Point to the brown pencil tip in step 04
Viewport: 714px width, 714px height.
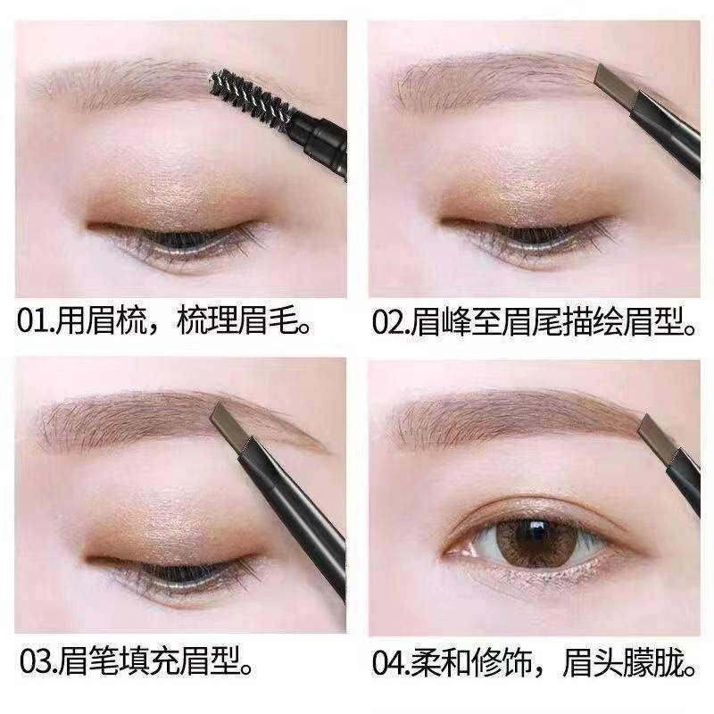coord(656,433)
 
